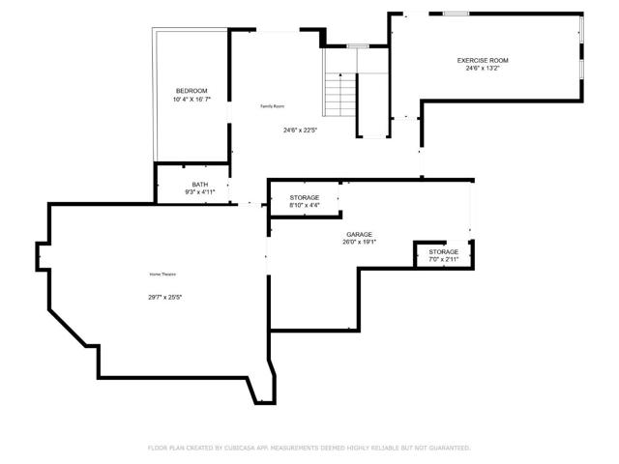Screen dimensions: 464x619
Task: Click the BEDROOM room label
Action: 191,91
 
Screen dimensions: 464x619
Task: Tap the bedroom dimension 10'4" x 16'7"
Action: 191,100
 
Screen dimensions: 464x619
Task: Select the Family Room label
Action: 272,105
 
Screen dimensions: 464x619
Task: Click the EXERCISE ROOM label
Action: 483,60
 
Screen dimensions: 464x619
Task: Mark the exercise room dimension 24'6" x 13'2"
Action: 483,69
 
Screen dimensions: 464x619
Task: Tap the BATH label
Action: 199,184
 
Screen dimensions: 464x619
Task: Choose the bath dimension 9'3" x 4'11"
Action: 199,192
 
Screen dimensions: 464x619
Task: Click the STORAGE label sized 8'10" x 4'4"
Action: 305,197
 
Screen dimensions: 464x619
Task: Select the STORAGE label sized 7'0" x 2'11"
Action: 444,251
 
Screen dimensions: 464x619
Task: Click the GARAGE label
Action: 360,234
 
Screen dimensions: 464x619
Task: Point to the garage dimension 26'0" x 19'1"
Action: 360,243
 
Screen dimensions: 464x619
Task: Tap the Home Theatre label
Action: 162,275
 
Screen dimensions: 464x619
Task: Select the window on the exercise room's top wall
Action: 456,14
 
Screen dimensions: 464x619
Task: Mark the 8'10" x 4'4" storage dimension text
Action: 305,205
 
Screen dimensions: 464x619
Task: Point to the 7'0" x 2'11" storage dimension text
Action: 444,259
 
